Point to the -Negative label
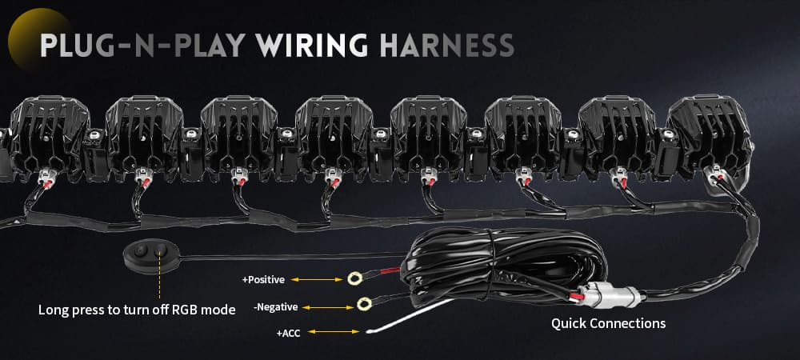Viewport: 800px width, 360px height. point(275,306)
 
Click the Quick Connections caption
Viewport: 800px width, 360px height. point(609,324)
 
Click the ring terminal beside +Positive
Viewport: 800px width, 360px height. point(351,279)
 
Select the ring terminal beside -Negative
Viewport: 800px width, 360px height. point(365,303)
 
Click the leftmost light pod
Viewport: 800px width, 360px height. point(39,128)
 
